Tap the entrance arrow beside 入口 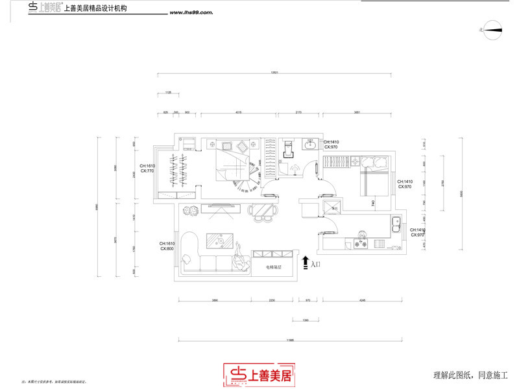306,263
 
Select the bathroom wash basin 310,144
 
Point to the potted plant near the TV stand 189,210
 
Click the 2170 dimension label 298,112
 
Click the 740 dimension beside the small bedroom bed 373,204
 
